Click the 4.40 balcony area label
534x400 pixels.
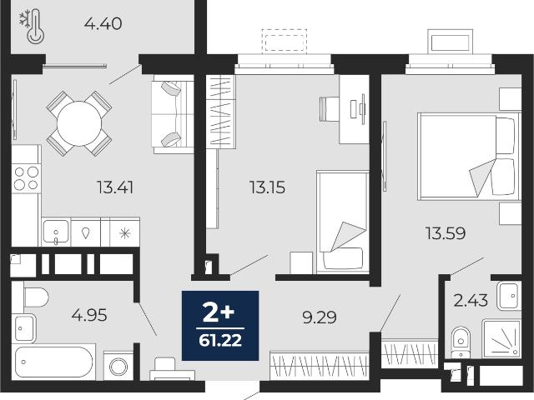click(103, 24)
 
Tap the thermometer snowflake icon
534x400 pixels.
click(32, 27)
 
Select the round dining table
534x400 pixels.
click(79, 123)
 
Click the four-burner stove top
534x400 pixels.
click(26, 178)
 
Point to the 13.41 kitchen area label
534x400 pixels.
click(115, 187)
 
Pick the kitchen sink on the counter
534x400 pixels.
click(56, 232)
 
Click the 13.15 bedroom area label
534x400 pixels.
click(267, 187)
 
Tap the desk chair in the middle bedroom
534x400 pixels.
click(330, 109)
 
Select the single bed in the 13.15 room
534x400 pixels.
click(343, 222)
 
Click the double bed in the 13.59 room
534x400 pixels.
click(469, 156)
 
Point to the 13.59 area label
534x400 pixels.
click(446, 233)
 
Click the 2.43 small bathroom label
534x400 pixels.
click(471, 301)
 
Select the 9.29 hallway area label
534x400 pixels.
click(320, 317)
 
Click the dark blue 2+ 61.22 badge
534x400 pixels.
click(220, 326)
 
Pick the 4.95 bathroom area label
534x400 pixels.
click(89, 315)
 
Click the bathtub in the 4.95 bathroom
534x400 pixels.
click(53, 362)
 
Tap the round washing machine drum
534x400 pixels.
click(118, 367)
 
